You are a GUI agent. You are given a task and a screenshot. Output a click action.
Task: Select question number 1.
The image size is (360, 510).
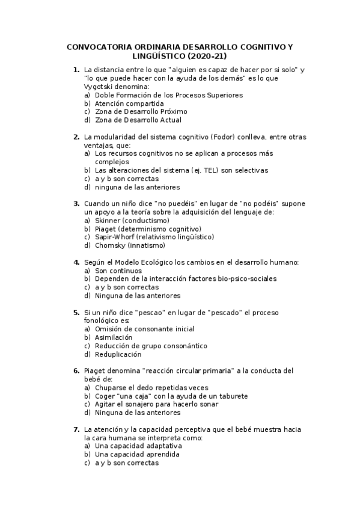click(x=76, y=70)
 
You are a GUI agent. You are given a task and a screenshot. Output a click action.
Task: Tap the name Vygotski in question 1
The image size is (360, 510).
click(x=99, y=87)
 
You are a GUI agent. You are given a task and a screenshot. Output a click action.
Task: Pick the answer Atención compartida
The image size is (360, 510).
click(x=121, y=103)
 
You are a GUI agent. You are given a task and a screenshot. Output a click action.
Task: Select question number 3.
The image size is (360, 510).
click(x=76, y=204)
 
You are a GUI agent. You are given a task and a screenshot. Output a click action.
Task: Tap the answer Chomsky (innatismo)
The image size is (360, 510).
click(x=130, y=245)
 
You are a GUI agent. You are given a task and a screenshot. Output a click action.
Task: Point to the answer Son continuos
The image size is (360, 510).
click(x=118, y=271)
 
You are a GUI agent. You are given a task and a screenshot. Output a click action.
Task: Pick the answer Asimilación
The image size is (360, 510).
click(x=114, y=338)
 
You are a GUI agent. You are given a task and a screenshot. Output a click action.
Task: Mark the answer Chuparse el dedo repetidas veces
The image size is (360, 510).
click(x=151, y=388)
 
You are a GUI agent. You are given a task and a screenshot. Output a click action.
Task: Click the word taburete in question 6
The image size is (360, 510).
click(x=231, y=396)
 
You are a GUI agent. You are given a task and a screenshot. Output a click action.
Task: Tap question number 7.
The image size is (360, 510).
click(x=76, y=429)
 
